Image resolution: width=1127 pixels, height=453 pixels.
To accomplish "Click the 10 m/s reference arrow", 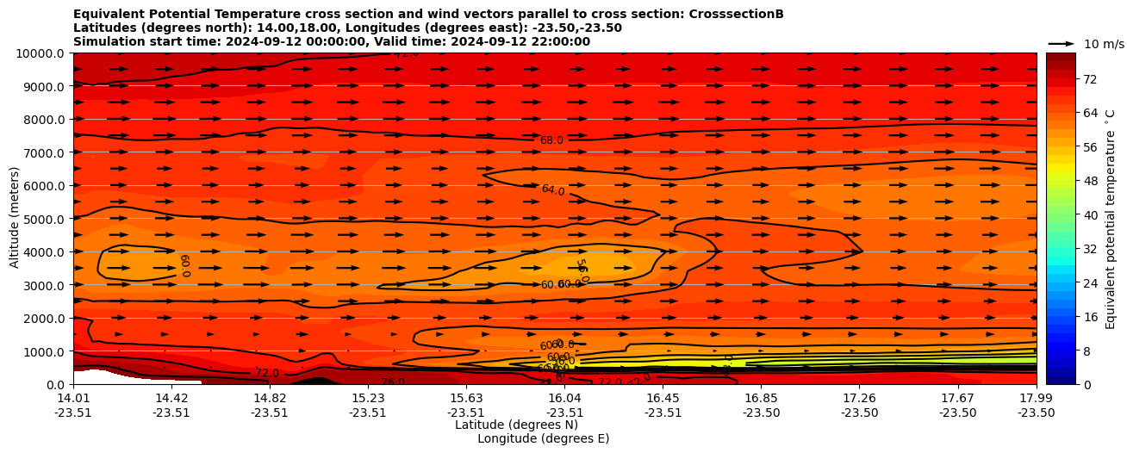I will [x=1061, y=43].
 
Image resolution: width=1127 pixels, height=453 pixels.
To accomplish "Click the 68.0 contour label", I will [x=551, y=140].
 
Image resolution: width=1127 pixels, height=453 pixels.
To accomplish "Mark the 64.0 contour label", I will [x=553, y=190].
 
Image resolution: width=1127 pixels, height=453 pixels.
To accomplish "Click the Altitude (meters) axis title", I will [x=15, y=217].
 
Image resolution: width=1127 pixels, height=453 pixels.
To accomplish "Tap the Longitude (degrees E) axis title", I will [x=543, y=438].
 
